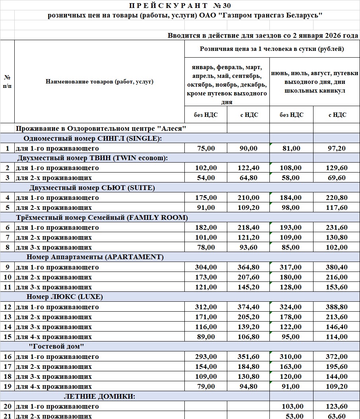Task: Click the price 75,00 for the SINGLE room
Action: (x=206, y=148)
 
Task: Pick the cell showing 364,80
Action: (x=248, y=267)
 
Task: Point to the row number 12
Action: (x=7, y=307)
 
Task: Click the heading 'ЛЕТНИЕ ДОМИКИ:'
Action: (x=100, y=396)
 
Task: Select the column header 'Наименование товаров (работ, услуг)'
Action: (x=99, y=82)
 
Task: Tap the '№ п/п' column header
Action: (x=7, y=81)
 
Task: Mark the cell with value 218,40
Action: (x=248, y=227)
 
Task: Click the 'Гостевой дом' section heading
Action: (x=56, y=347)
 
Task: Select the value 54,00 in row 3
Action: (x=206, y=178)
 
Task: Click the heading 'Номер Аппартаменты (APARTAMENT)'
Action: (x=95, y=257)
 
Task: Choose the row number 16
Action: (x=7, y=357)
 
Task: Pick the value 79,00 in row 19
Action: (x=206, y=386)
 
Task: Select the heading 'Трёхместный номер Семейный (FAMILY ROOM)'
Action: (x=102, y=217)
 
